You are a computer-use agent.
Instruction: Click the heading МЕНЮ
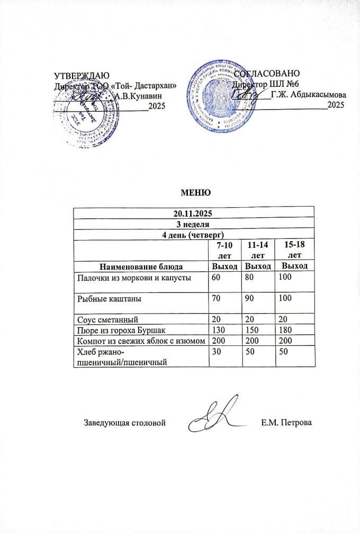[x=196, y=191]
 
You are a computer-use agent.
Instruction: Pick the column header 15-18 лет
[x=292, y=249]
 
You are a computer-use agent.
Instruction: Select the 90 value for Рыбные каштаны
[x=246, y=299]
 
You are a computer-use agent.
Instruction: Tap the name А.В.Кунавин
[x=138, y=95]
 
